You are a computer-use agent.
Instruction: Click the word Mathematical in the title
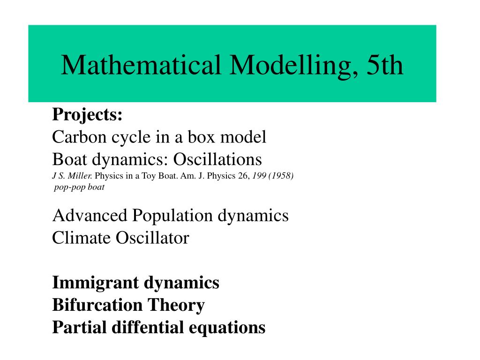(141, 65)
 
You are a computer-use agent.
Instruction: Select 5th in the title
(385, 65)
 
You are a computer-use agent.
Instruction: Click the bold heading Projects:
(87, 114)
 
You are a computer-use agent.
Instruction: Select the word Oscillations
(217, 159)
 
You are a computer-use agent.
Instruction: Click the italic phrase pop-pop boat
(79, 187)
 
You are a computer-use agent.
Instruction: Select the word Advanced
(90, 216)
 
